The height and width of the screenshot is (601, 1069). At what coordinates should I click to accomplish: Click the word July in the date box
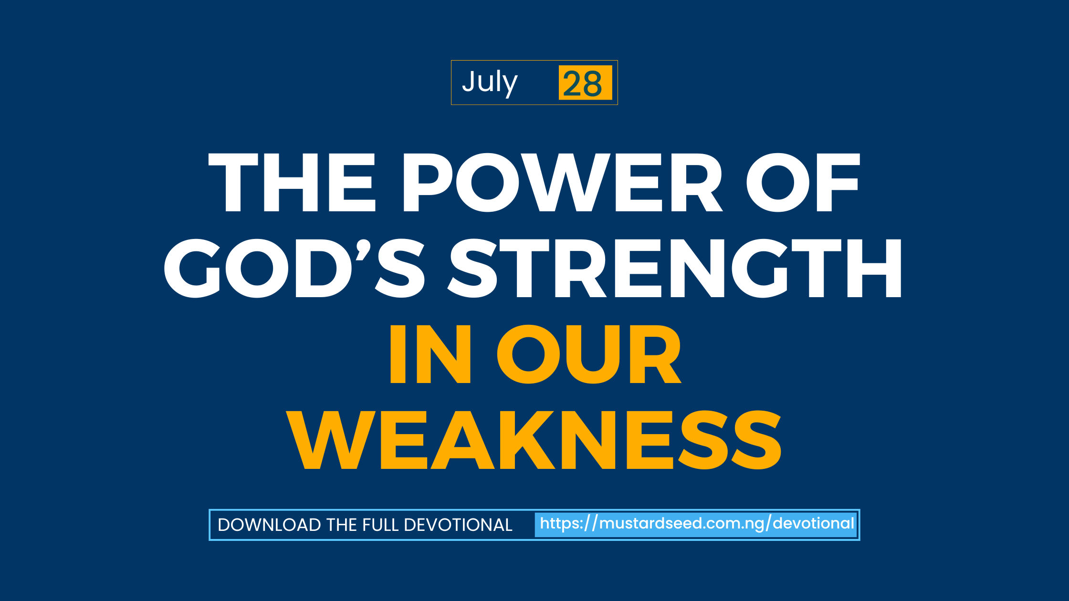coord(490,83)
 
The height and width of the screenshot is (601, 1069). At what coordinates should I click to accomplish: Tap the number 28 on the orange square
coord(582,84)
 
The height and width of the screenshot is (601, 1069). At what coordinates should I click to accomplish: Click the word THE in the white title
coord(292,182)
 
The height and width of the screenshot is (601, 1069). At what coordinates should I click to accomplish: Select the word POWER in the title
coord(563,182)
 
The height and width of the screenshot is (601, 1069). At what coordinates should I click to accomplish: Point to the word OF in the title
coord(803,182)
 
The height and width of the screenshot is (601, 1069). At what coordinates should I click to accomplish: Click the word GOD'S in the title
coord(294,268)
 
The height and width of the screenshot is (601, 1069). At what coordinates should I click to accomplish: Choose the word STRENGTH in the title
coord(674,268)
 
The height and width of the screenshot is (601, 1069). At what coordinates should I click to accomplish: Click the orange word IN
coord(430,354)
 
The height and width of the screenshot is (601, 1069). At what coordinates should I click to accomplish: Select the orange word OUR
coord(589,354)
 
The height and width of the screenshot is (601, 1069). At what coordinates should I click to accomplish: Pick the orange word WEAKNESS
coord(534,440)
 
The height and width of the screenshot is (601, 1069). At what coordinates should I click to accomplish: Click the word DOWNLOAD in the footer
coord(269,525)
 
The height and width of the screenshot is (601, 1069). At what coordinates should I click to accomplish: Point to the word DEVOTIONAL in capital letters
coord(458,525)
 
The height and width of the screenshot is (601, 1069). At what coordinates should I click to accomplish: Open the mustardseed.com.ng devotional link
coord(697,524)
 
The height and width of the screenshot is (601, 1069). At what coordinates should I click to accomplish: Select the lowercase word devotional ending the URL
coord(813,523)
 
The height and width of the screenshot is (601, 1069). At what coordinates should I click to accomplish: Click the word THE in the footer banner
coord(342,525)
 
